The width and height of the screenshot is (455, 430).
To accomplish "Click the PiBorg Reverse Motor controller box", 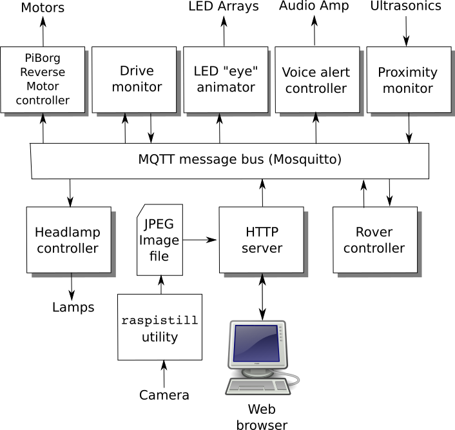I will point(43,80).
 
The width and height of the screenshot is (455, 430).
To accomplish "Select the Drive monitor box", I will point(134,79).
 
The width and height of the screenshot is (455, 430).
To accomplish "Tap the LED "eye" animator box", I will point(225,79).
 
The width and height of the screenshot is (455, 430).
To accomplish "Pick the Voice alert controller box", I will point(316,80).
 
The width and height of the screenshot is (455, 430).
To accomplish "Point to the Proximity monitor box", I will point(407,80).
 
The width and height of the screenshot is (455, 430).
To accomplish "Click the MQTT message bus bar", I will point(229,160).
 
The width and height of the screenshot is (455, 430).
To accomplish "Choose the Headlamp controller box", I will point(68,240).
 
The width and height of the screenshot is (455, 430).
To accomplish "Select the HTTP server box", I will point(261,240).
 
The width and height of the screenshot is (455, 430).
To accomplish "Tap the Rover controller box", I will point(374,240).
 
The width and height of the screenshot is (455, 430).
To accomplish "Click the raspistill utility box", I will point(160,327).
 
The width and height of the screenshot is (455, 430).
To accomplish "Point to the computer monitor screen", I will point(255,343).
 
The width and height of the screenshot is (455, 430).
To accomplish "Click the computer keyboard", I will point(257,386).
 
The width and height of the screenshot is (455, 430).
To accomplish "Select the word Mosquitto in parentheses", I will point(305,159).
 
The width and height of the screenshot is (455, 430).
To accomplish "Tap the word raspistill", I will point(160,320).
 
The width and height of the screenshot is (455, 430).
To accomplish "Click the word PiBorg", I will point(43,59).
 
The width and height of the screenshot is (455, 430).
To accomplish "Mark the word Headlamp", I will point(68,232).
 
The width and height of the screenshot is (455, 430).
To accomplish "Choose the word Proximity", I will point(407,72).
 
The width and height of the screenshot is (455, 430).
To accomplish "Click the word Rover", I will point(374,232).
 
